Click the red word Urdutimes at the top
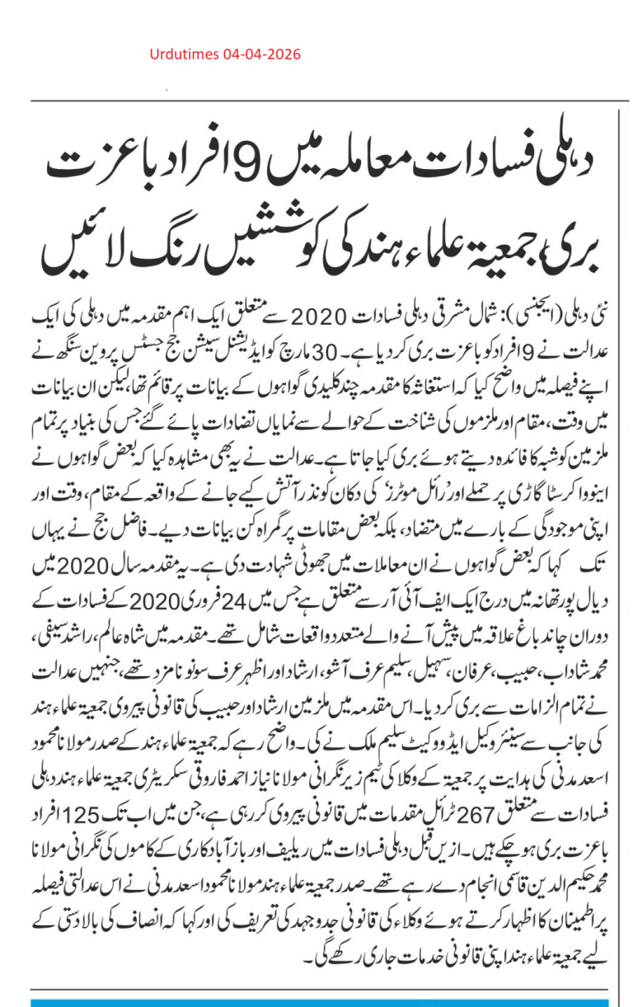point(183,54)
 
